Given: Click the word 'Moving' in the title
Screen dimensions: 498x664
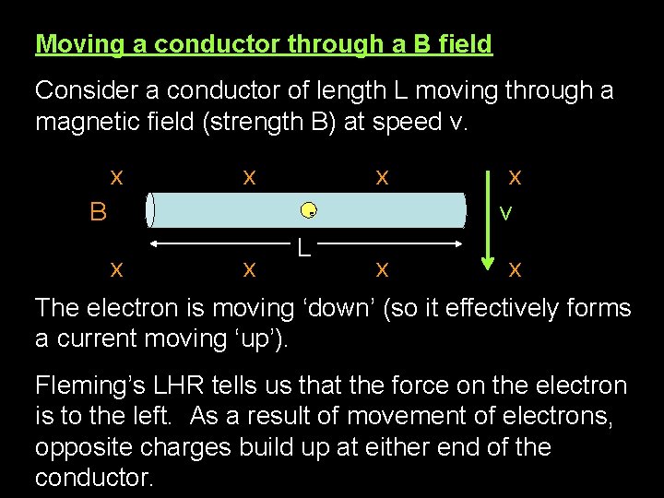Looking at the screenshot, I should pos(77,43).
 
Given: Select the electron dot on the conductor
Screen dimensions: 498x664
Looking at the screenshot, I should pos(310,211).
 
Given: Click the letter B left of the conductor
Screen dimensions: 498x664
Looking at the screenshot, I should pos(98,212).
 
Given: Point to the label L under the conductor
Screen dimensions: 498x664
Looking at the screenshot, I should pos(303,247).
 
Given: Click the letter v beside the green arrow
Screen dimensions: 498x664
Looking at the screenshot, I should pos(505,212).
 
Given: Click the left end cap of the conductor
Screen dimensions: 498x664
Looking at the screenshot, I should pos(150,210).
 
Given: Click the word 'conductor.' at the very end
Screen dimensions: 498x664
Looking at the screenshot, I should pos(93,479).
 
